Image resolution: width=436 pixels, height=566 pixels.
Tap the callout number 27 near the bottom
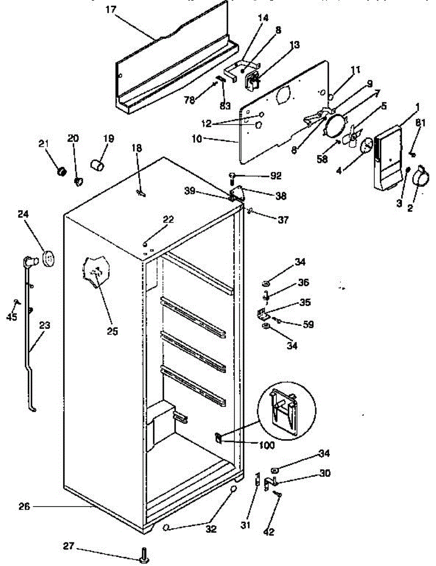point(69,546)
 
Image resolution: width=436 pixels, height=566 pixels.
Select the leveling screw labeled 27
point(143,555)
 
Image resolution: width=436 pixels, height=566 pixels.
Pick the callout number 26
point(25,507)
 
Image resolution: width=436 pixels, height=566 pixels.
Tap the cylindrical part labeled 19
point(97,165)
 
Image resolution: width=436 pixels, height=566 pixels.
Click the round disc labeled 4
point(366,146)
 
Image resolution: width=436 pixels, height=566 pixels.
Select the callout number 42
point(269,533)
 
